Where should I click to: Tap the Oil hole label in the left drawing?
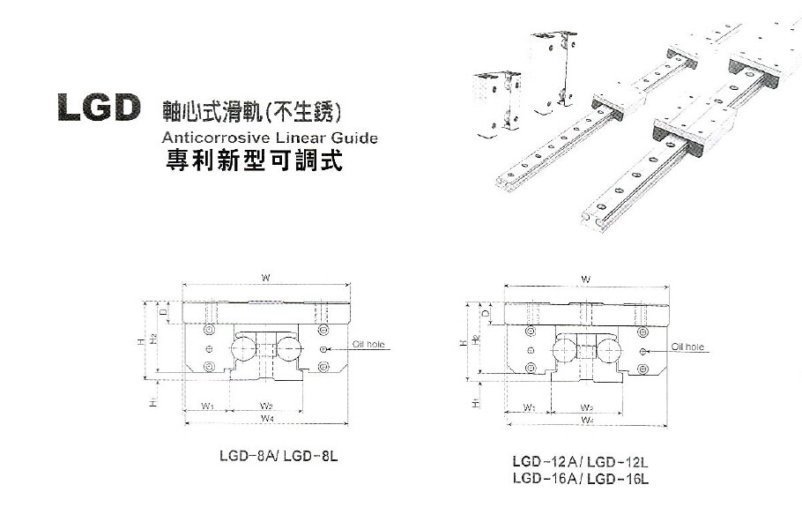[x=369, y=345]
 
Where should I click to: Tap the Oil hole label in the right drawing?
[x=688, y=347]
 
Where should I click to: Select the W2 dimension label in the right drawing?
[x=586, y=407]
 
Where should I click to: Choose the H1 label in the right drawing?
[x=476, y=402]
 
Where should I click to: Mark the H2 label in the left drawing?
[x=152, y=337]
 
